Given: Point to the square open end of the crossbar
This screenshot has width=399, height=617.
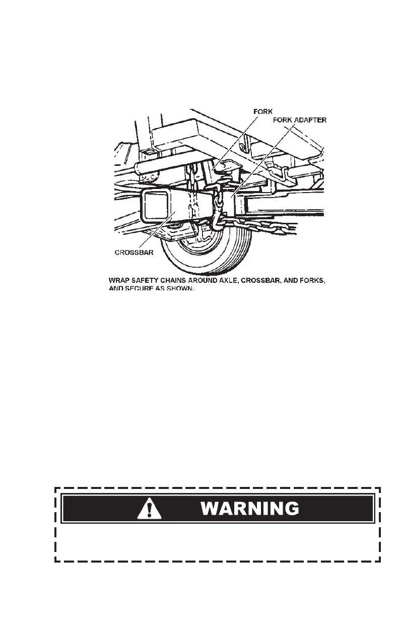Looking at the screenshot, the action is pyautogui.click(x=153, y=205).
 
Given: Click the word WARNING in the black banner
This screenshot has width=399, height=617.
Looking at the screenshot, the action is pyautogui.click(x=250, y=508).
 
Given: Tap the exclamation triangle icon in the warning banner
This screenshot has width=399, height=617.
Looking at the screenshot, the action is pyautogui.click(x=150, y=509).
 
